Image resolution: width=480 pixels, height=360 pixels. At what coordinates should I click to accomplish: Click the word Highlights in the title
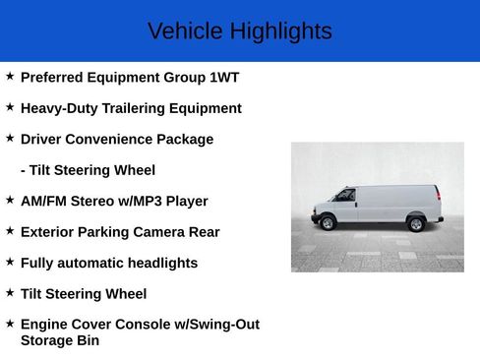280,31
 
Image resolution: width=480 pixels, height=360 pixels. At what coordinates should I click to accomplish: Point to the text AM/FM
44,201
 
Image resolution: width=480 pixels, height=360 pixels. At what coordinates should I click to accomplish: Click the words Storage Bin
60,340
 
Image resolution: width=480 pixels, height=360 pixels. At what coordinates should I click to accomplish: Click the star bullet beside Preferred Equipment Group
10,76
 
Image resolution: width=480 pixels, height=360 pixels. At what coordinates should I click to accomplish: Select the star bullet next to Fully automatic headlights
10,262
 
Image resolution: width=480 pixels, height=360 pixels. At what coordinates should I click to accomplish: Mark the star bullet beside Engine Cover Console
10,323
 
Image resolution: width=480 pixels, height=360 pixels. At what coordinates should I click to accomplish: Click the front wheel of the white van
329,223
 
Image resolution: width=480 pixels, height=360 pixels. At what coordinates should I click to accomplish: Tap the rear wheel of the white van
416,224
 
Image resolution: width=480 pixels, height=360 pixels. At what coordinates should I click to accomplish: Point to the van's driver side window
345,195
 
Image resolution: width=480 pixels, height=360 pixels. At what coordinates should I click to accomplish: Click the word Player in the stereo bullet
186,201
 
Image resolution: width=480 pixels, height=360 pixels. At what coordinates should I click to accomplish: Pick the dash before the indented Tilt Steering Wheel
23,170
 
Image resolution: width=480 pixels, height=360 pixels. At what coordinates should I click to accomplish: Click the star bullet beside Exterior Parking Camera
10,231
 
